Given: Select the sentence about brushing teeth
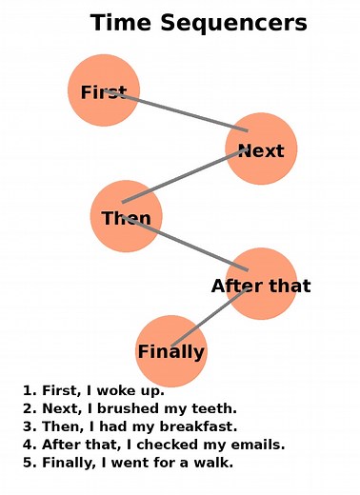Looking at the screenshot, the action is pos(130,408).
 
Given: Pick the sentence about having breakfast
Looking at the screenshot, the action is pos(130,426).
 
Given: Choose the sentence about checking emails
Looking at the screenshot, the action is pos(153,445).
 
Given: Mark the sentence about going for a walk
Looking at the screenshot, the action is pos(128,463).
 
